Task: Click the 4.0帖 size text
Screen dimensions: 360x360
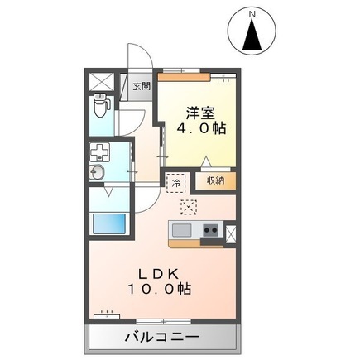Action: click(x=199, y=129)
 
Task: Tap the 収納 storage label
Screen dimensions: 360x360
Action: click(x=215, y=179)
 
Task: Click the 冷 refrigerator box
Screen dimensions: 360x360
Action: click(x=176, y=180)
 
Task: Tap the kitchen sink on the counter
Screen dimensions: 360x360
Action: click(x=181, y=229)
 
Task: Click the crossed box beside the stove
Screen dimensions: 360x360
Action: click(x=231, y=233)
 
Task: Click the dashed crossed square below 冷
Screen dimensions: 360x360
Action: click(x=188, y=207)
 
